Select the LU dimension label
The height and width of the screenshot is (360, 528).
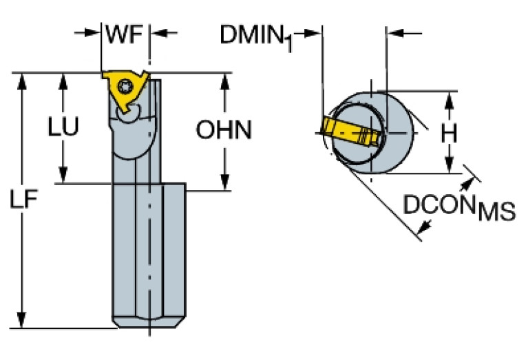pos(63,127)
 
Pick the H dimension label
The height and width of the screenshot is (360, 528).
pos(449,132)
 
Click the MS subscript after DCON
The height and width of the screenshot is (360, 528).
pos(496,212)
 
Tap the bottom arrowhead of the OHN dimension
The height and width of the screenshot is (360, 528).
pos(225,180)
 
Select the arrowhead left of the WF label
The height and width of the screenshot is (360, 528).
pos(95,32)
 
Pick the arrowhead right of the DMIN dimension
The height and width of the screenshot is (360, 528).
pos(394,32)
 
